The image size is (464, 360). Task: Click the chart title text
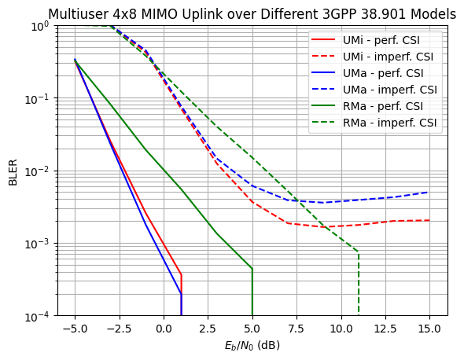pos(252,14)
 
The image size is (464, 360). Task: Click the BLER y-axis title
pos(13,171)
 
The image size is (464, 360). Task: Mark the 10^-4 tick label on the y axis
pos(38,316)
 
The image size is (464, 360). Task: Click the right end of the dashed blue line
pos(429,192)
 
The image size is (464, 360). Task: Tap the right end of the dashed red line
pos(429,220)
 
